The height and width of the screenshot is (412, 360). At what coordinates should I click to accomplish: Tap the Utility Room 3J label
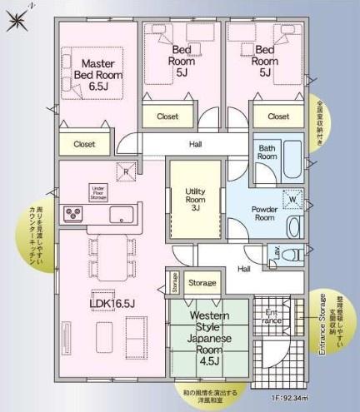click(195, 201)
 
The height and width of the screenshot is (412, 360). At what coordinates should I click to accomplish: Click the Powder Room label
click(263, 211)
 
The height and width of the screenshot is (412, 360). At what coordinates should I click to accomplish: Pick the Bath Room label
click(266, 151)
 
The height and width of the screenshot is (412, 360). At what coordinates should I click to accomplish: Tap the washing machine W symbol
click(292, 199)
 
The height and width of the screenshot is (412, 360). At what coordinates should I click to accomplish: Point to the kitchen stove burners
click(74, 214)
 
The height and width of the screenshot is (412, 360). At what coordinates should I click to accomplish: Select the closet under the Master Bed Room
click(84, 144)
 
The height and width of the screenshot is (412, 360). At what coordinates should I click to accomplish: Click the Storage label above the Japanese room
click(202, 283)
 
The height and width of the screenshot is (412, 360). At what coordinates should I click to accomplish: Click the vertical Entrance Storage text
click(322, 325)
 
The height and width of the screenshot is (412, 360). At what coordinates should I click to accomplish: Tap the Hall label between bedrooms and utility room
click(196, 144)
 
